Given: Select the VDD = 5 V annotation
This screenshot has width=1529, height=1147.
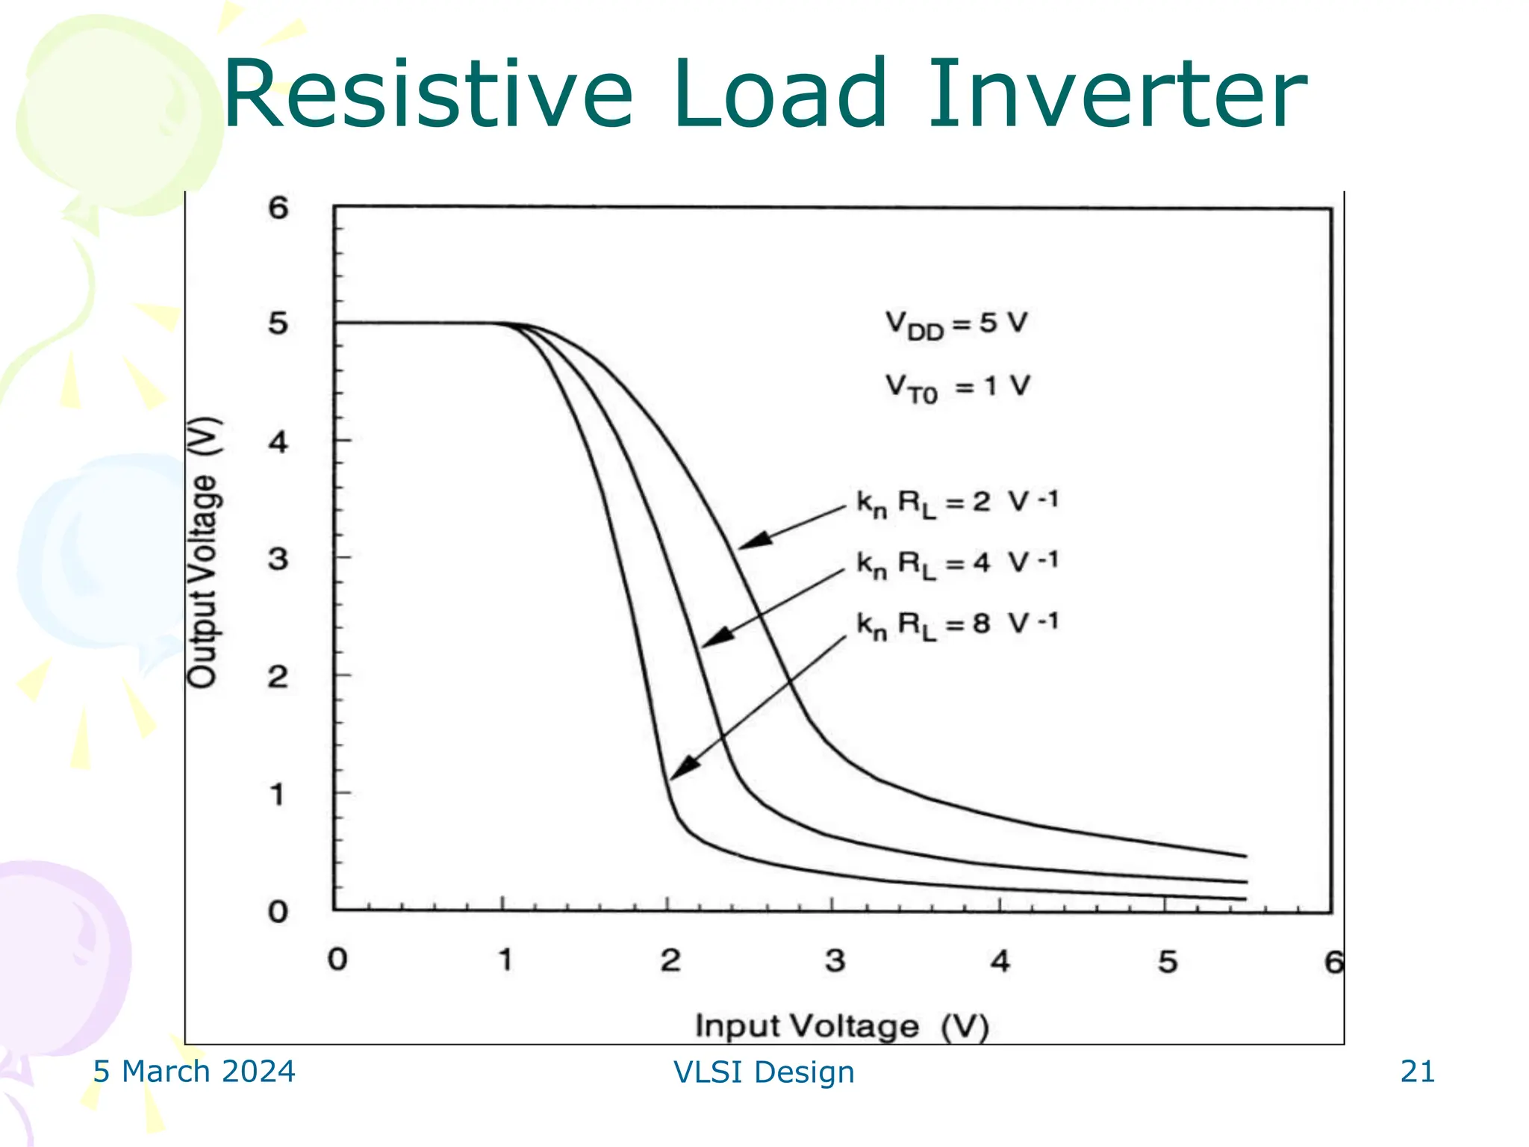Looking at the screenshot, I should [x=956, y=325].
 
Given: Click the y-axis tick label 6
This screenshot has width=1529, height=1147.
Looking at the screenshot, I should [x=278, y=208].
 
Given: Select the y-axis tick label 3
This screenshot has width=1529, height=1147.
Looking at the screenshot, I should [x=278, y=559].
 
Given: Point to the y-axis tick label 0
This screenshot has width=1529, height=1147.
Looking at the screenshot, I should [x=278, y=912].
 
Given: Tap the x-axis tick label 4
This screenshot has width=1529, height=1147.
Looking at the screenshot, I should [x=1000, y=961].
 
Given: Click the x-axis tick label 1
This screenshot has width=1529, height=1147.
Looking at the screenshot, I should [x=505, y=960].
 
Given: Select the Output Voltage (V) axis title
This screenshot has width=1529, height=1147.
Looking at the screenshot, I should [x=203, y=552].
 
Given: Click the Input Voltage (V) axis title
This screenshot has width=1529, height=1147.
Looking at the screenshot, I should [x=842, y=1026].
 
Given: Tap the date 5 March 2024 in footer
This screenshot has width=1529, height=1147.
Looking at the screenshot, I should [x=194, y=1072].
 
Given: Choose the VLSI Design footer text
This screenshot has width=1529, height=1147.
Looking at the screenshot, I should [x=764, y=1072].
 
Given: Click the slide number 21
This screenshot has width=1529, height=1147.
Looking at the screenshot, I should [x=1417, y=1072].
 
